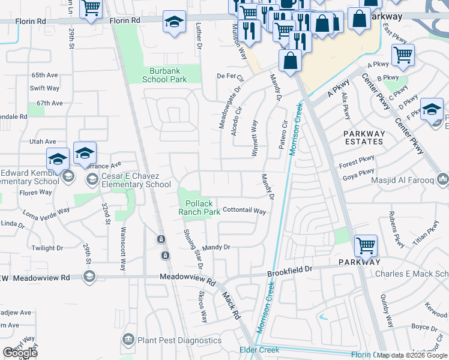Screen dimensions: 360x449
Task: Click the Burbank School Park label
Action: click(168, 74)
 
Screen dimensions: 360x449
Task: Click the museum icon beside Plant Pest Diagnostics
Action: click(128, 340)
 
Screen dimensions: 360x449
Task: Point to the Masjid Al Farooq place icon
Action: click(443, 178)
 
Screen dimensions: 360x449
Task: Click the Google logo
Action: click(20, 352)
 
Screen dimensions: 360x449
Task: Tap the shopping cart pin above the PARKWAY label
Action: click(366, 245)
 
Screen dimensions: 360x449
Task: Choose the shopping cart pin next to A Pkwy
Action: click(403, 55)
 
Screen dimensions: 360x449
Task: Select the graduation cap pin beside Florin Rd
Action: click(174, 23)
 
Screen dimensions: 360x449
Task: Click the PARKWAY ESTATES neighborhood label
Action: click(364, 137)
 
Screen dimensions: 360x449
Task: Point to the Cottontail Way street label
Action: click(244, 211)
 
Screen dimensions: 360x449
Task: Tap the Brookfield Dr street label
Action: click(290, 271)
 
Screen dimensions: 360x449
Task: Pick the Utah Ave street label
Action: click(43, 142)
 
